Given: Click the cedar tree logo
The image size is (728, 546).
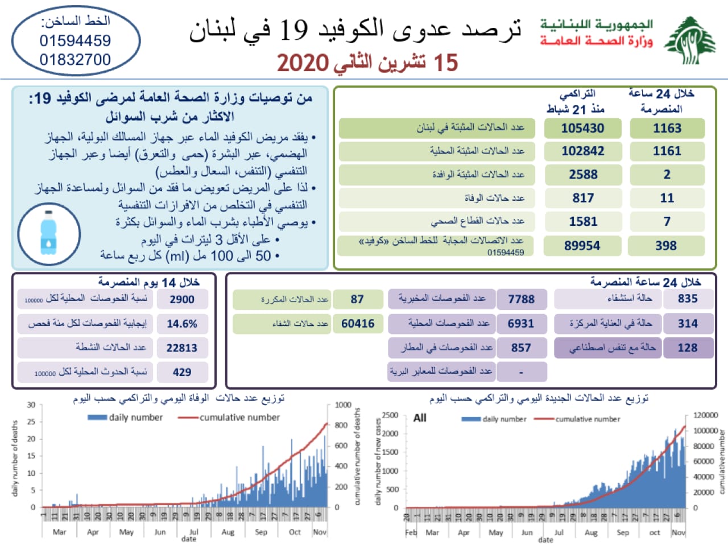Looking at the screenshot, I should pos(689,40).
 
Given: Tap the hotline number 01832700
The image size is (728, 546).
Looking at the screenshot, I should pos(75,60).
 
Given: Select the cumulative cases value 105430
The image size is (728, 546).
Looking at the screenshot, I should pos(582,128).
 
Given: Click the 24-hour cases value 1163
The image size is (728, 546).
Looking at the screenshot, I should pos(667,128).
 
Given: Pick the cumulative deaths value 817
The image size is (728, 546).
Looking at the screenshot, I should pos(582,198).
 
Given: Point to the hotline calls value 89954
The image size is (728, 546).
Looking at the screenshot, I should pos(582,246).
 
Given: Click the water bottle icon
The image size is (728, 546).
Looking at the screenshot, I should pos(49,233).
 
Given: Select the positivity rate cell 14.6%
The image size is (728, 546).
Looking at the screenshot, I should pos(182,324).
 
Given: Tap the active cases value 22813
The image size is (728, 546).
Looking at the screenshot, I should pos(182,348).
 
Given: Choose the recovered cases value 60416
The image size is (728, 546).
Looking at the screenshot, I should pos(358,324).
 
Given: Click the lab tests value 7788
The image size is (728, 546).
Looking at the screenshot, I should pos(521,299).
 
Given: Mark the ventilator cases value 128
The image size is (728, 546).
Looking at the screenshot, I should pos(687,348).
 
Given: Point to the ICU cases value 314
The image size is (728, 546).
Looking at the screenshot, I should pos(687,324).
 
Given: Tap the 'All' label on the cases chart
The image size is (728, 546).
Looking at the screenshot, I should pos(420,418).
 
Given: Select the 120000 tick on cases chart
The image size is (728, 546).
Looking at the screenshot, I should pos(705,415).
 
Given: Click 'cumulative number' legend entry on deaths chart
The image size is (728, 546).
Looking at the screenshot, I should pos(239,417).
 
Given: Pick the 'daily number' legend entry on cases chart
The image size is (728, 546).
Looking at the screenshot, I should pos(504,419).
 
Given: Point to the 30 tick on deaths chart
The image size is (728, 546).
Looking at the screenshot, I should pos(31,405).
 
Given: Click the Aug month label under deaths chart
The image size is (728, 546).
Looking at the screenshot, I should pos(227,532).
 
